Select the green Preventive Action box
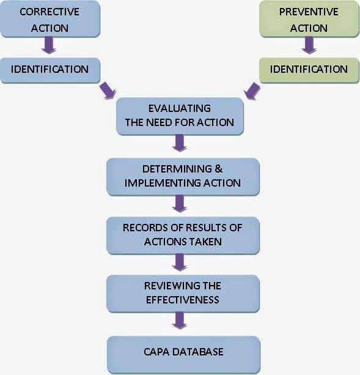[309, 20]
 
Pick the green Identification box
[309, 70]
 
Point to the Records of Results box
[182, 234]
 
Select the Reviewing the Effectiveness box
[182, 293]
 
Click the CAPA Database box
[182, 352]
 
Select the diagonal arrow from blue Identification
[108, 91]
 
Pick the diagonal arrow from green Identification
[251, 91]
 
